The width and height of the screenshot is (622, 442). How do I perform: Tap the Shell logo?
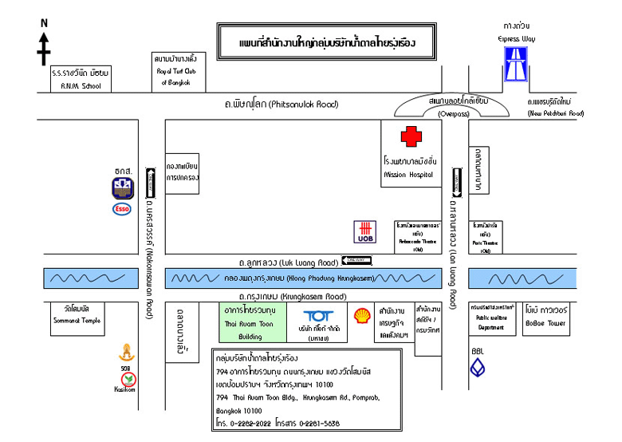click(362, 316)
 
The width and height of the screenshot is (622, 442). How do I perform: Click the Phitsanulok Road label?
click(280, 105)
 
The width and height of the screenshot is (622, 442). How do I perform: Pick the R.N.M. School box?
click(80, 77)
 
